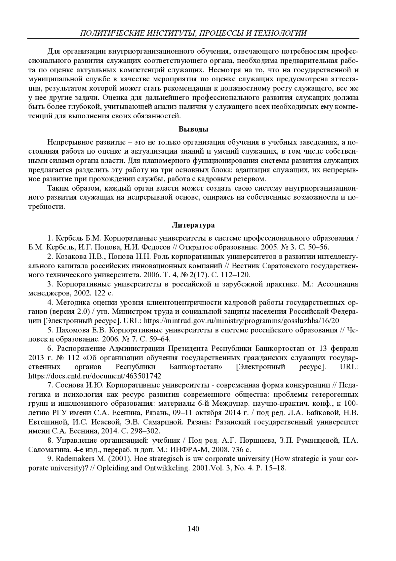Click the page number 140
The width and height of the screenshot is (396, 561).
click(193, 529)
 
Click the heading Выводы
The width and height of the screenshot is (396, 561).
click(193, 129)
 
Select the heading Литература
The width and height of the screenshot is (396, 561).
click(193, 225)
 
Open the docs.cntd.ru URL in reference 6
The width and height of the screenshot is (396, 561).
click(95, 376)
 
